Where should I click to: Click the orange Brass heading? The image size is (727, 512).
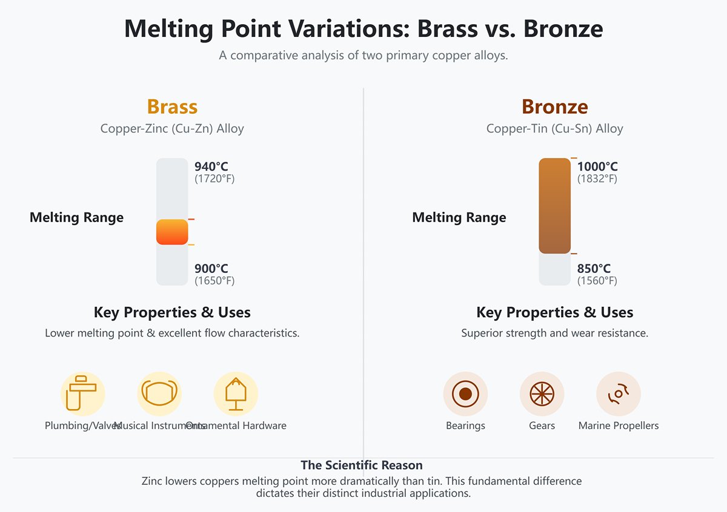172,107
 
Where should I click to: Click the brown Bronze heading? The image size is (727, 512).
554,107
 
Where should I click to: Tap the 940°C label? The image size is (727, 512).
211,166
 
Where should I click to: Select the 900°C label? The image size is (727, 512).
211,269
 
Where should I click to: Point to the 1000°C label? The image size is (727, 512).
597,166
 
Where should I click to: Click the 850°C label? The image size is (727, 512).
594,269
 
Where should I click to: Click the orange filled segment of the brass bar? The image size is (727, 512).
172,232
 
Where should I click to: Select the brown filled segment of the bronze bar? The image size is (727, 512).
554,206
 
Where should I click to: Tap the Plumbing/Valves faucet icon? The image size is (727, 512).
82,393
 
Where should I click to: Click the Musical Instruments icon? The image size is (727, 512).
159,393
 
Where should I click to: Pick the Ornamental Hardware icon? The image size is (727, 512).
236,393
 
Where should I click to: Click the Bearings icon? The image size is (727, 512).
465,393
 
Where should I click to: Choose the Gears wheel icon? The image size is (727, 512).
542,393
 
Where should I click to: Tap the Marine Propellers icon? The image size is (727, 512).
619,393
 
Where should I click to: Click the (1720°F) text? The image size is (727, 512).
214,179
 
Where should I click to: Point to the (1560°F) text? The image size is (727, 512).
597,281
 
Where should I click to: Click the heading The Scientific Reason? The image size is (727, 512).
362,465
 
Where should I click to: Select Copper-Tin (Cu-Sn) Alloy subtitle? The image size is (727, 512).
554,129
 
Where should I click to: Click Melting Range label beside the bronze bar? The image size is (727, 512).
459,218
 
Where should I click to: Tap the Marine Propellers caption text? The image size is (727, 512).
619,425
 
